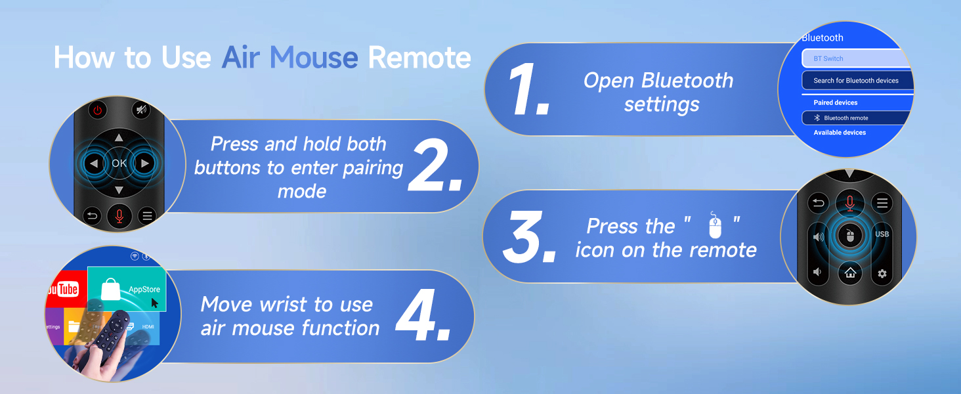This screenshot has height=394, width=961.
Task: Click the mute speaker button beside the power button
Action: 140,110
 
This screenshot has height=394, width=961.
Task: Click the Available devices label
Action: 840,133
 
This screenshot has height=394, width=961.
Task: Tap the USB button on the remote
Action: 882,234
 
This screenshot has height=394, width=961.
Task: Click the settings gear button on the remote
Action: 882,273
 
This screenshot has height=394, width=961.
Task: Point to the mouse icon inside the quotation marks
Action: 714,226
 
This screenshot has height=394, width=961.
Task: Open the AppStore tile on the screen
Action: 127,289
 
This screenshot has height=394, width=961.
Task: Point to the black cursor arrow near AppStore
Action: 155,303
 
